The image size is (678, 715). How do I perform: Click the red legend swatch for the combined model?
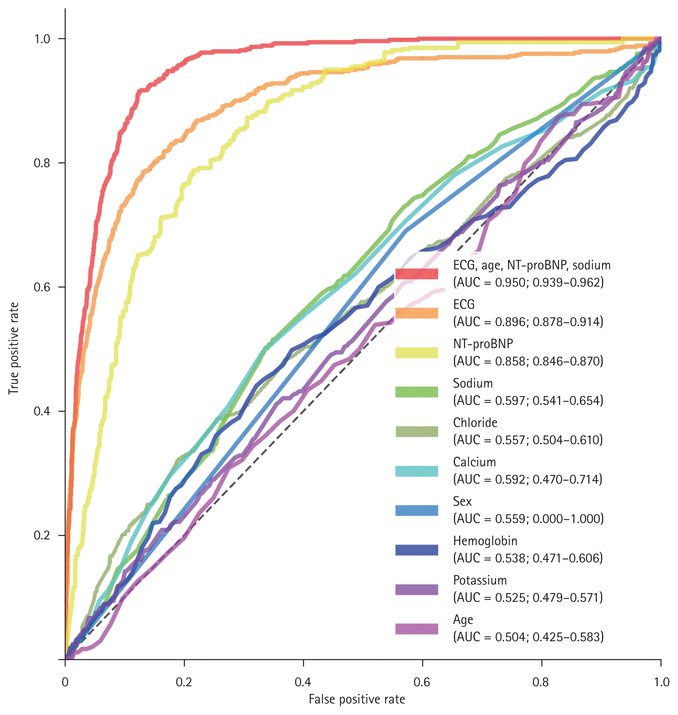coord(416,274)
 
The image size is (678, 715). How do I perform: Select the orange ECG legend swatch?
coord(416,313)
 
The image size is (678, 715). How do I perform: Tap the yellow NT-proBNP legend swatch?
coord(416,352)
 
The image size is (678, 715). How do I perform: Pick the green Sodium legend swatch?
coord(416,392)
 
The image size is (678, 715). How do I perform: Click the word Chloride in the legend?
coord(475,422)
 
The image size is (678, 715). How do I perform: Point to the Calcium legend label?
coord(474,462)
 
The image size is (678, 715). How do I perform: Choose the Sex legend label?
coord(462,501)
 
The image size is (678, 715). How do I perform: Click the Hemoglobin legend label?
coord(485,540)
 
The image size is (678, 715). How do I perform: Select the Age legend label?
coord(463,620)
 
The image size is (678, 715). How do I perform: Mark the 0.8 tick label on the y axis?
coord(42,163)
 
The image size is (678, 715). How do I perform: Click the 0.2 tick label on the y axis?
coord(42,535)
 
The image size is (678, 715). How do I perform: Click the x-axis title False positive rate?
coord(357,699)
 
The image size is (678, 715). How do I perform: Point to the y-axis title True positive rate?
coord(14,348)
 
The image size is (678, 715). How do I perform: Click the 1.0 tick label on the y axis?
coord(42,39)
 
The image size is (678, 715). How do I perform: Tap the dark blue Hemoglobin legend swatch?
coord(416,550)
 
